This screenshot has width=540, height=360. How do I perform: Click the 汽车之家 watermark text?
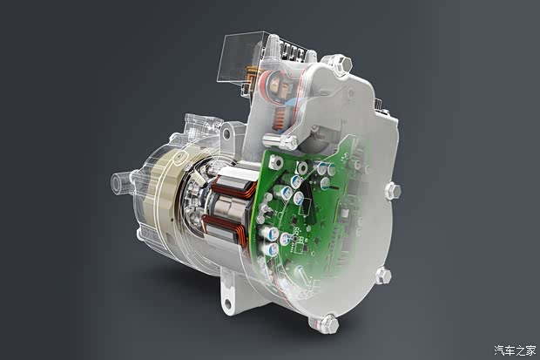[x=515, y=350]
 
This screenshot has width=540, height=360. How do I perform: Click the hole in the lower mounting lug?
[x=228, y=304]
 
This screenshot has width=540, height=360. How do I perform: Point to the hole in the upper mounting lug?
[x=226, y=133]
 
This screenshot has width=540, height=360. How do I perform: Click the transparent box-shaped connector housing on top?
[x=240, y=57]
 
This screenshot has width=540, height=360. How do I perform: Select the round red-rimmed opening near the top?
[x=279, y=87]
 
